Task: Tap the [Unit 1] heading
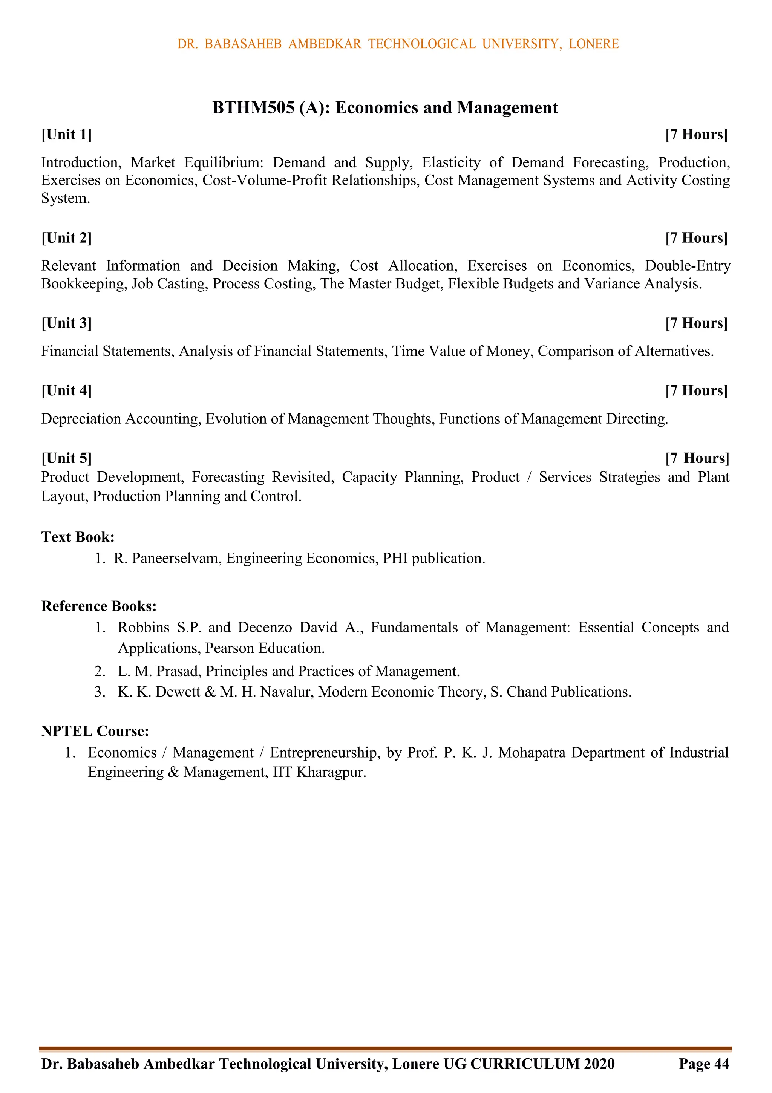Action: [x=67, y=135]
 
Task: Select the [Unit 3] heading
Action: [x=67, y=323]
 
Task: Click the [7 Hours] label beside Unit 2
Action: [x=696, y=238]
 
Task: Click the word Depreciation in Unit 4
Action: [x=81, y=419]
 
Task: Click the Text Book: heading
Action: [x=78, y=537]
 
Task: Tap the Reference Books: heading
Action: [x=99, y=606]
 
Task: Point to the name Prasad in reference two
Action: [x=179, y=671]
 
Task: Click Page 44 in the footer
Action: [x=704, y=1064]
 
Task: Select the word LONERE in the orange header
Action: [x=593, y=44]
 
